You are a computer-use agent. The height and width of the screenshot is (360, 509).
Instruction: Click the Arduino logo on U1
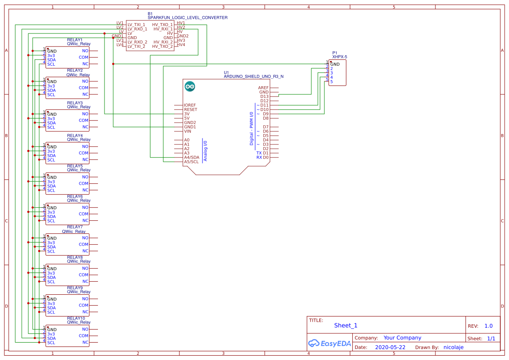[x=190, y=86]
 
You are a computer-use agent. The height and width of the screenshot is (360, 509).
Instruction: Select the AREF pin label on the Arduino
[x=263, y=88]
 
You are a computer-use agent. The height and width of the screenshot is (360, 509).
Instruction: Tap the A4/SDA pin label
[x=192, y=158]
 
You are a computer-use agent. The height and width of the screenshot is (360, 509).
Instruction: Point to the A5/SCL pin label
[x=191, y=162]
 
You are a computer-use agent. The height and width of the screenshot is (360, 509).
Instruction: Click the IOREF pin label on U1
[x=190, y=105]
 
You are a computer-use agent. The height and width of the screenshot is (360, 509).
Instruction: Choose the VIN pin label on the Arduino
[x=188, y=131]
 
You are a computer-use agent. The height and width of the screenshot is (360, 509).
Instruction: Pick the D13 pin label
[x=264, y=97]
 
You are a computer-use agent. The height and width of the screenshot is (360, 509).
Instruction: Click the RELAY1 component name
[x=75, y=40]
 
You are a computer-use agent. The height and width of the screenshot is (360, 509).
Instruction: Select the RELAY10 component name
[x=76, y=319]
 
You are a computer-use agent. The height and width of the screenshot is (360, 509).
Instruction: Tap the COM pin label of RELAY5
[x=84, y=184]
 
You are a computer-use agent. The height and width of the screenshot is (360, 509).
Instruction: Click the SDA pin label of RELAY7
[x=51, y=247]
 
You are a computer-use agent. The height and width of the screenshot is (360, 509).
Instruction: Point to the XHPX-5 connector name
[x=340, y=57]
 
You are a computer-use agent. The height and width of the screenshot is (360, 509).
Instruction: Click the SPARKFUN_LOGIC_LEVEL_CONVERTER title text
[x=187, y=18]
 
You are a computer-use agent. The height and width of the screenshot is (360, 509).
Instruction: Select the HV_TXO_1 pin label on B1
[x=162, y=25]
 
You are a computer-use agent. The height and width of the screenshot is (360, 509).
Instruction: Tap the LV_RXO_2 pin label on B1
[x=137, y=42]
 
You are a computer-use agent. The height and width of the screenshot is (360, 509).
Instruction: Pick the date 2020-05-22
[x=390, y=347]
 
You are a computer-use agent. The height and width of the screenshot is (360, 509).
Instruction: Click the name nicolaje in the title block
[x=453, y=347]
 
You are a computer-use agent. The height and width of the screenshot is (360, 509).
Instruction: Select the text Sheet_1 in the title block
[x=346, y=325]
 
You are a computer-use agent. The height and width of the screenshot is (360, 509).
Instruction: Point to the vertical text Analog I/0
[x=206, y=151]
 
